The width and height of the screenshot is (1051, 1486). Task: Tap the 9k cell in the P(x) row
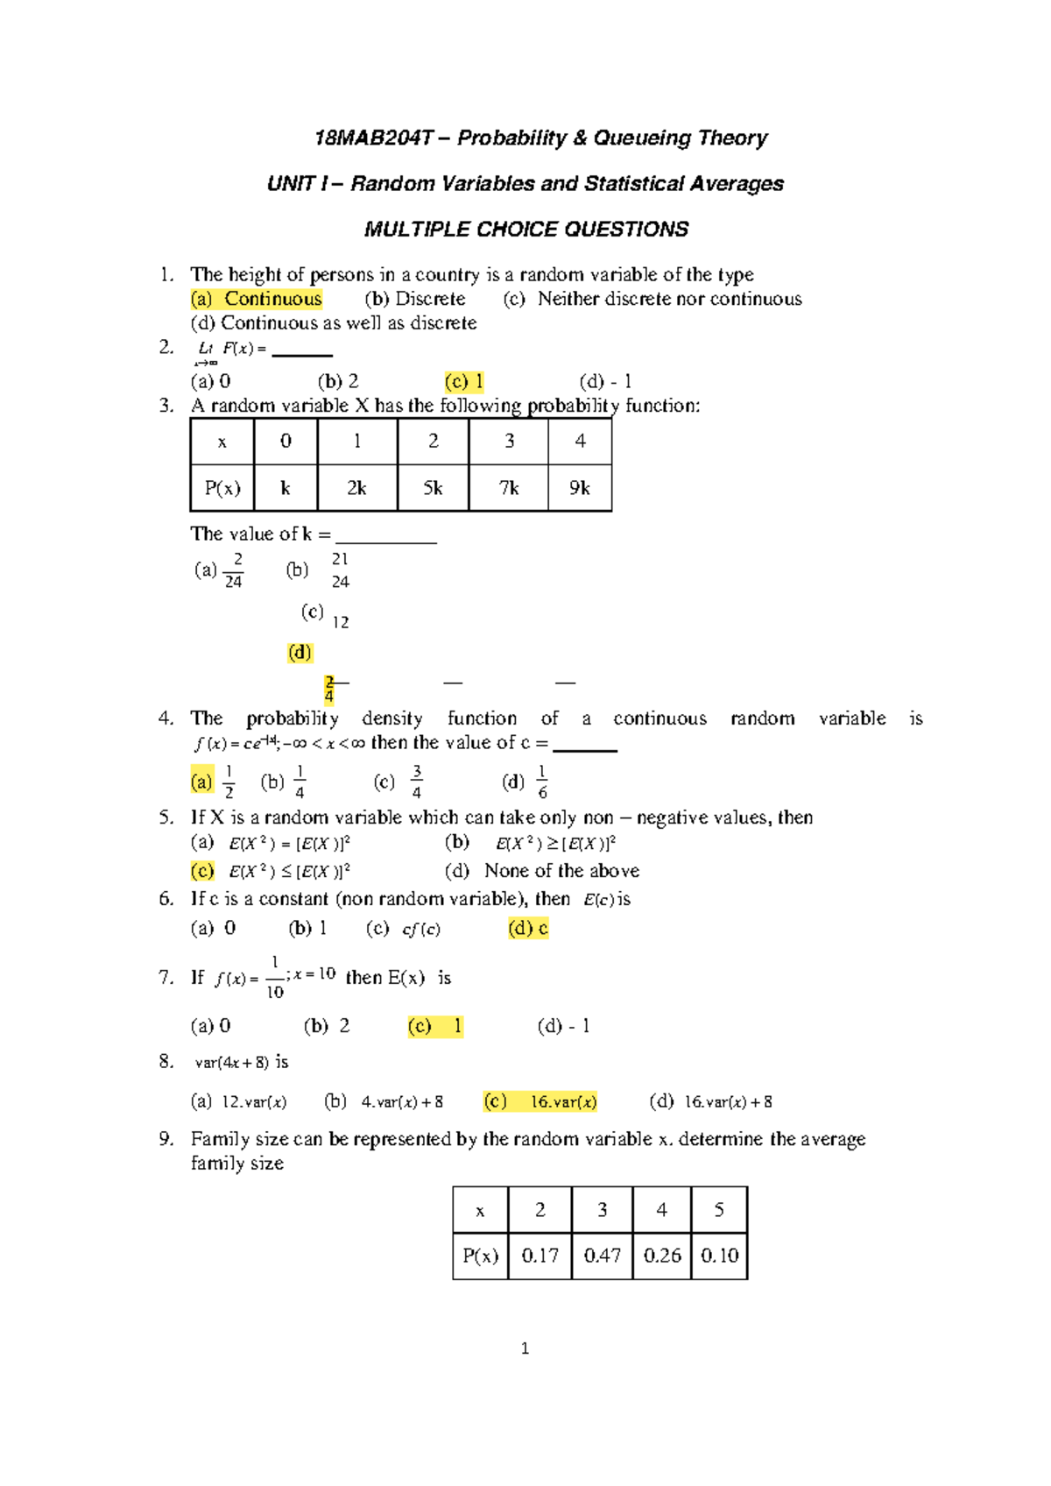click(579, 488)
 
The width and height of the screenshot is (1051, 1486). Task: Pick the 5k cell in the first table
click(433, 488)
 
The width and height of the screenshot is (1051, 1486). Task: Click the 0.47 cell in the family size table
click(602, 1256)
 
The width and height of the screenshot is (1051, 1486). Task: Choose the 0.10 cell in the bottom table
click(719, 1256)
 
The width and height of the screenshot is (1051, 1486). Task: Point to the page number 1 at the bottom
click(525, 1348)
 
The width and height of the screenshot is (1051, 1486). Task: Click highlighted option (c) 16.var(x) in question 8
click(540, 1102)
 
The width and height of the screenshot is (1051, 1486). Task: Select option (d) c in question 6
click(528, 929)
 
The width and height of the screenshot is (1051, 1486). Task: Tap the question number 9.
click(166, 1139)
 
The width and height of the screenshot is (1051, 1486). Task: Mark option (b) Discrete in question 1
click(415, 299)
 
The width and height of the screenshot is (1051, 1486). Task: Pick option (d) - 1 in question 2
click(605, 382)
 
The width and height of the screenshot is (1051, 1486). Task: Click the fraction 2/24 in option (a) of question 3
click(233, 570)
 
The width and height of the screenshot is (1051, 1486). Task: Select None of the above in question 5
click(561, 871)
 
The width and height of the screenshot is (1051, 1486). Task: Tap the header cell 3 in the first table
click(509, 441)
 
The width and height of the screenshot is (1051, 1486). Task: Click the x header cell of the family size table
click(480, 1211)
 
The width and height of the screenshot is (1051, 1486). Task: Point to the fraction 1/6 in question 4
click(542, 782)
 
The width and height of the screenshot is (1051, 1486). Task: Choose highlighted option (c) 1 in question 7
click(435, 1026)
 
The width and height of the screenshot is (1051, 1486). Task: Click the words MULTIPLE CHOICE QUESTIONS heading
click(525, 230)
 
